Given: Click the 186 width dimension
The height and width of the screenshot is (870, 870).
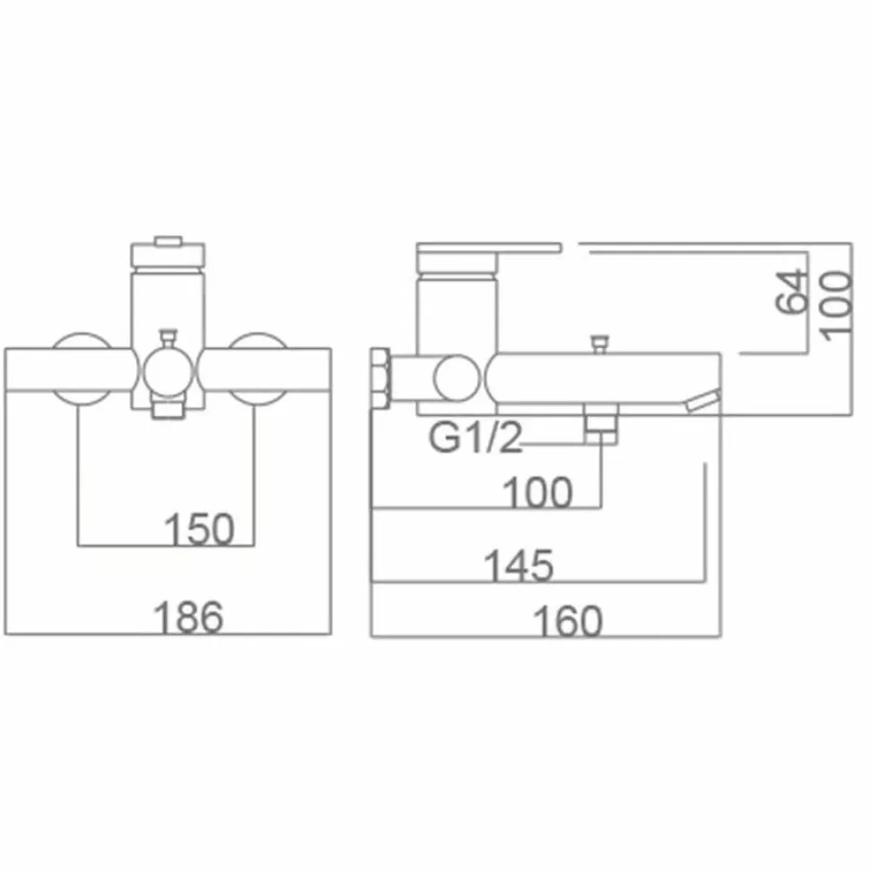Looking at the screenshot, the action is click(188, 617).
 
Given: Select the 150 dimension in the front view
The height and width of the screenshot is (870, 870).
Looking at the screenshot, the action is click(200, 529).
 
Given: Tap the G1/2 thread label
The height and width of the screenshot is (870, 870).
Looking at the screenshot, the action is click(475, 438).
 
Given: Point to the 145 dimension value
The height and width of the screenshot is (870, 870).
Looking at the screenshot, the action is click(518, 565).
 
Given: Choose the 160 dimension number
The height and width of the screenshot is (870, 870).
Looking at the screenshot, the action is click(567, 621).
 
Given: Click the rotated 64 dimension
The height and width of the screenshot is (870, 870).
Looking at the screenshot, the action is click(790, 291).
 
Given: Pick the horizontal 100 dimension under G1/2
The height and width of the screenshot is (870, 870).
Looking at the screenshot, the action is click(536, 492).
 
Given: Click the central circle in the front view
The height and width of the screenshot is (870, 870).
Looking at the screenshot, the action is click(168, 371).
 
